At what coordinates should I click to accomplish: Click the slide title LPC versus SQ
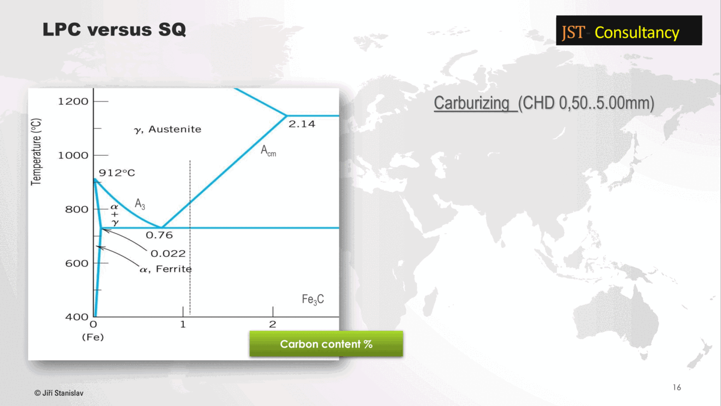pyautogui.click(x=114, y=29)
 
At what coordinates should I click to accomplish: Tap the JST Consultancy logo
pyautogui.click(x=629, y=30)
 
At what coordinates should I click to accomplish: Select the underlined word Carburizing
pyautogui.click(x=472, y=103)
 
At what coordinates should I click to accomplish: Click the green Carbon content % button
pyautogui.click(x=326, y=344)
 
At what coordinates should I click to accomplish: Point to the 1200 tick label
pyautogui.click(x=73, y=102)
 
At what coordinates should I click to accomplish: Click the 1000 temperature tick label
pyautogui.click(x=73, y=155)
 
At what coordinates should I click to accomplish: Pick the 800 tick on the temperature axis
pyautogui.click(x=77, y=209)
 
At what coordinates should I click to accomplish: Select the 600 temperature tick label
pyautogui.click(x=77, y=263)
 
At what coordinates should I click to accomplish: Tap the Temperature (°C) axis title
pyautogui.click(x=36, y=152)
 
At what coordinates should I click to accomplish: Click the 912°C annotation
pyautogui.click(x=117, y=173)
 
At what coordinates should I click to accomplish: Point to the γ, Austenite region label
pyautogui.click(x=168, y=129)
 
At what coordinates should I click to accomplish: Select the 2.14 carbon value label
pyautogui.click(x=302, y=124)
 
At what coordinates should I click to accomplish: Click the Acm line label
pyautogui.click(x=269, y=151)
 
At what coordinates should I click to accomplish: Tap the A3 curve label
pyautogui.click(x=140, y=204)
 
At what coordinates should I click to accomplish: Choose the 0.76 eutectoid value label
pyautogui.click(x=159, y=235)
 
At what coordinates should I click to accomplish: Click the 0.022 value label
pyautogui.click(x=168, y=254)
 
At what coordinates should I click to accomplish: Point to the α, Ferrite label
pyautogui.click(x=166, y=269)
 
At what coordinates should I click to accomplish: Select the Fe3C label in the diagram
pyautogui.click(x=313, y=300)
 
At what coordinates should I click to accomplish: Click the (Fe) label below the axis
pyautogui.click(x=93, y=337)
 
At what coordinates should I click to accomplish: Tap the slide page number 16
pyautogui.click(x=677, y=387)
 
